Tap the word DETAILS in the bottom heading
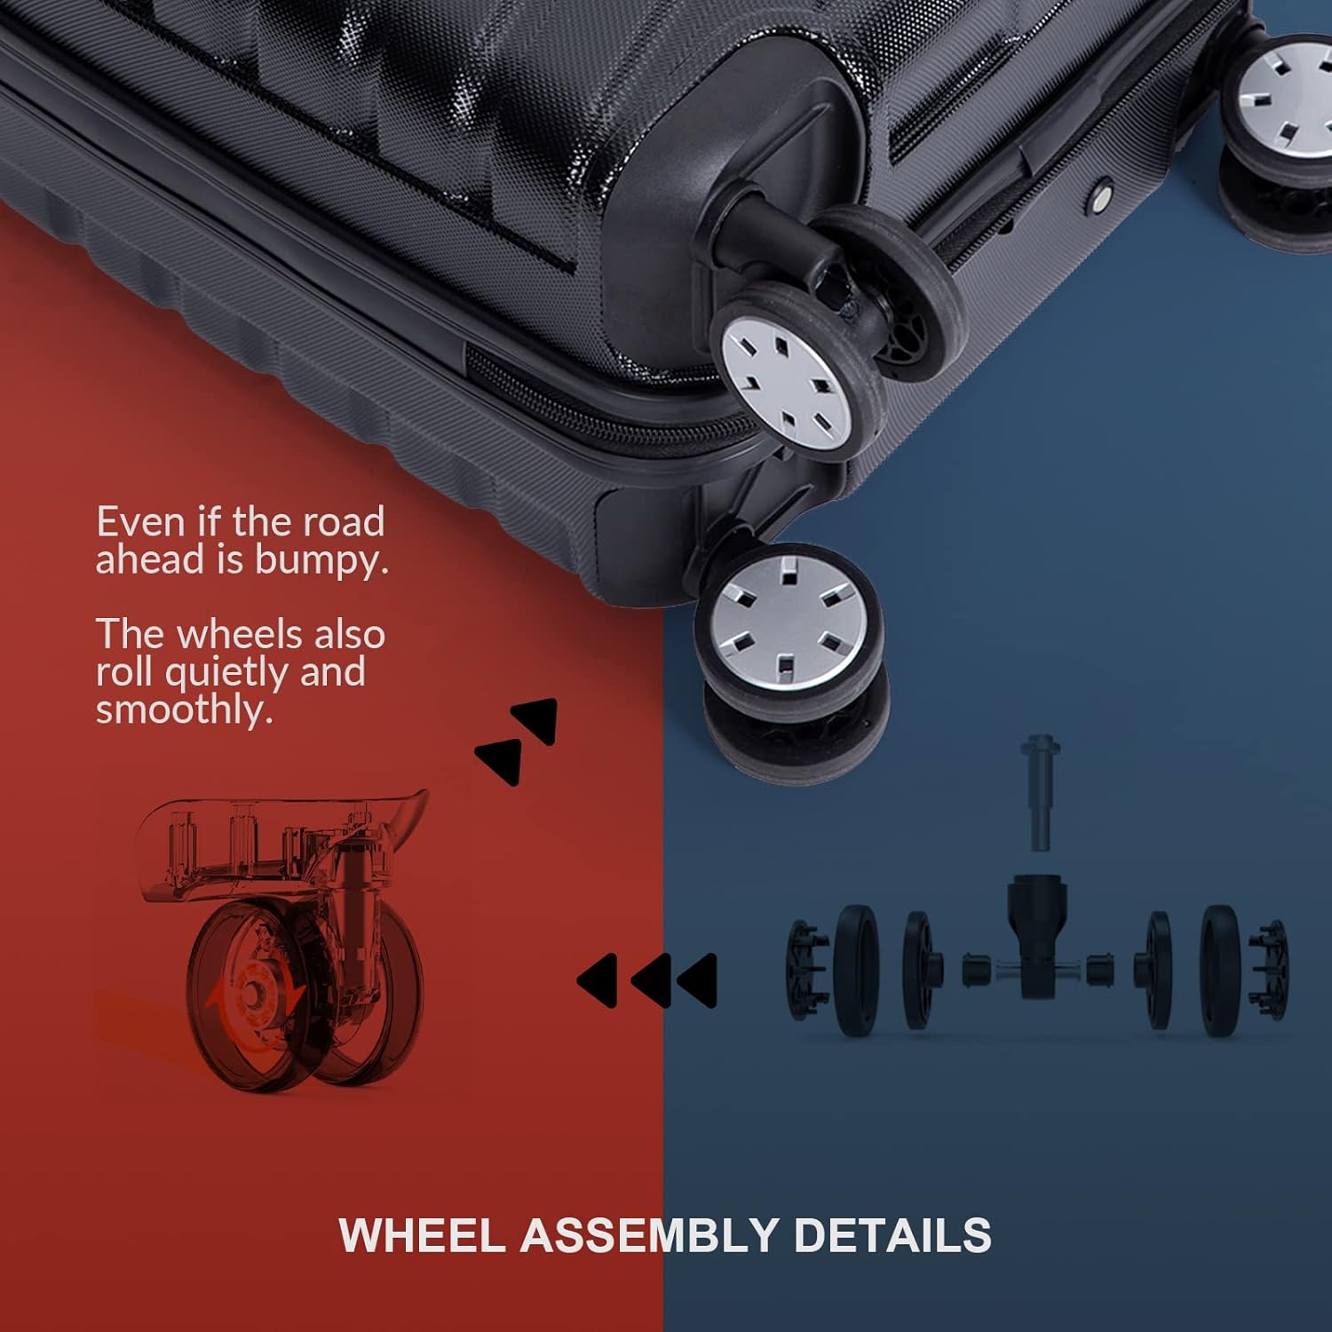point(892,1235)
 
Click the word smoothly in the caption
point(185,710)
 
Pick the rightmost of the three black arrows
point(695,980)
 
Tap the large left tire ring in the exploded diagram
point(857,971)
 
